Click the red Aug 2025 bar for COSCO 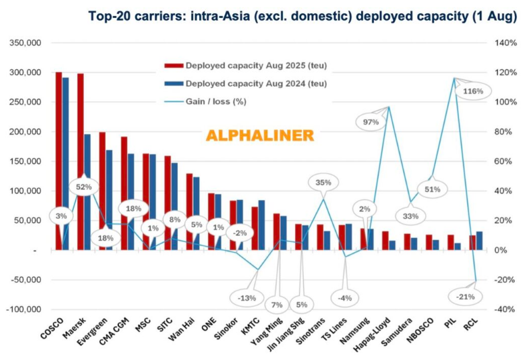59,160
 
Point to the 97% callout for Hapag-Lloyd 371,121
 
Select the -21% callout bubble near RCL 466,295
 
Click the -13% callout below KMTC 247,297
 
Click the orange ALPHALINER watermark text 259,135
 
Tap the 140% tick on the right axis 506,43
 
